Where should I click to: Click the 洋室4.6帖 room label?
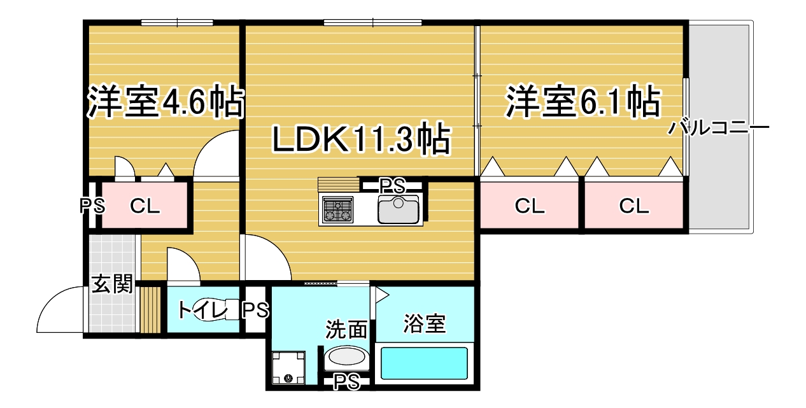[x=166, y=101]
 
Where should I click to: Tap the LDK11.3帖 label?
[x=361, y=139]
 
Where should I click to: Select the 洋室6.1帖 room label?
[x=583, y=101]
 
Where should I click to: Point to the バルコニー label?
[x=719, y=127]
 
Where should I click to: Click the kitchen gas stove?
[x=337, y=209]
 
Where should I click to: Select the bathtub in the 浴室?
[x=424, y=363]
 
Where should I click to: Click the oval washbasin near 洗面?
[x=346, y=356]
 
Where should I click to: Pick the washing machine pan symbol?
[x=288, y=368]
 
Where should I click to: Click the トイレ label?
[x=202, y=310]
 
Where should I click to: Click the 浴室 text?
[x=425, y=323]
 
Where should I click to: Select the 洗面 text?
[x=346, y=329]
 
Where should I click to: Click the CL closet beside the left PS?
[x=145, y=206]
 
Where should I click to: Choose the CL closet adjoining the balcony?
[x=633, y=206]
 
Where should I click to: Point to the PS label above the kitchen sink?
[x=392, y=186]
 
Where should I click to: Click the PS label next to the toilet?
[x=255, y=310]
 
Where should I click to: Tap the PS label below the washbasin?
[x=346, y=382]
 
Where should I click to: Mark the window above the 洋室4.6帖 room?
[x=177, y=23]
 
